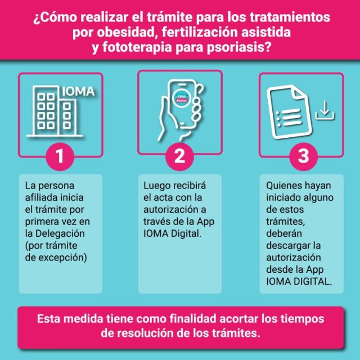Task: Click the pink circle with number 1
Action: tap(60, 156)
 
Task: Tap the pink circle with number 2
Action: tap(180, 156)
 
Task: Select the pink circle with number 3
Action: tap(304, 156)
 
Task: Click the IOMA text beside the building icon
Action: tap(78, 91)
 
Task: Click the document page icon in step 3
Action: tap(289, 112)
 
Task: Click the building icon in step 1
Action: tap(55, 111)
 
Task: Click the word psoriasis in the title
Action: tap(239, 47)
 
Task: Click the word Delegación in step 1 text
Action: tap(60, 233)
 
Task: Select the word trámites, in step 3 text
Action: tap(286, 222)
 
